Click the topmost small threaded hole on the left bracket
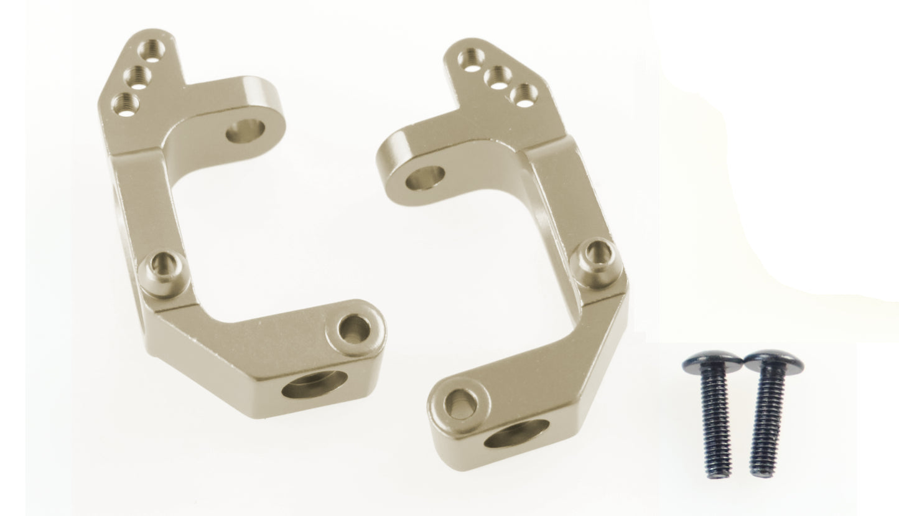point(149,49)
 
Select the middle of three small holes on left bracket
point(137,76)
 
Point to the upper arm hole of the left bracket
point(245,131)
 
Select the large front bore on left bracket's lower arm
point(314,384)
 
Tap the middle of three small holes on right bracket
point(499,78)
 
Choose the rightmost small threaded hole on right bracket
point(524,95)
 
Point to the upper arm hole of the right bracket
point(425,178)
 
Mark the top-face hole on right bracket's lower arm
point(461,403)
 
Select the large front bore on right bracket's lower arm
point(516,434)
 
